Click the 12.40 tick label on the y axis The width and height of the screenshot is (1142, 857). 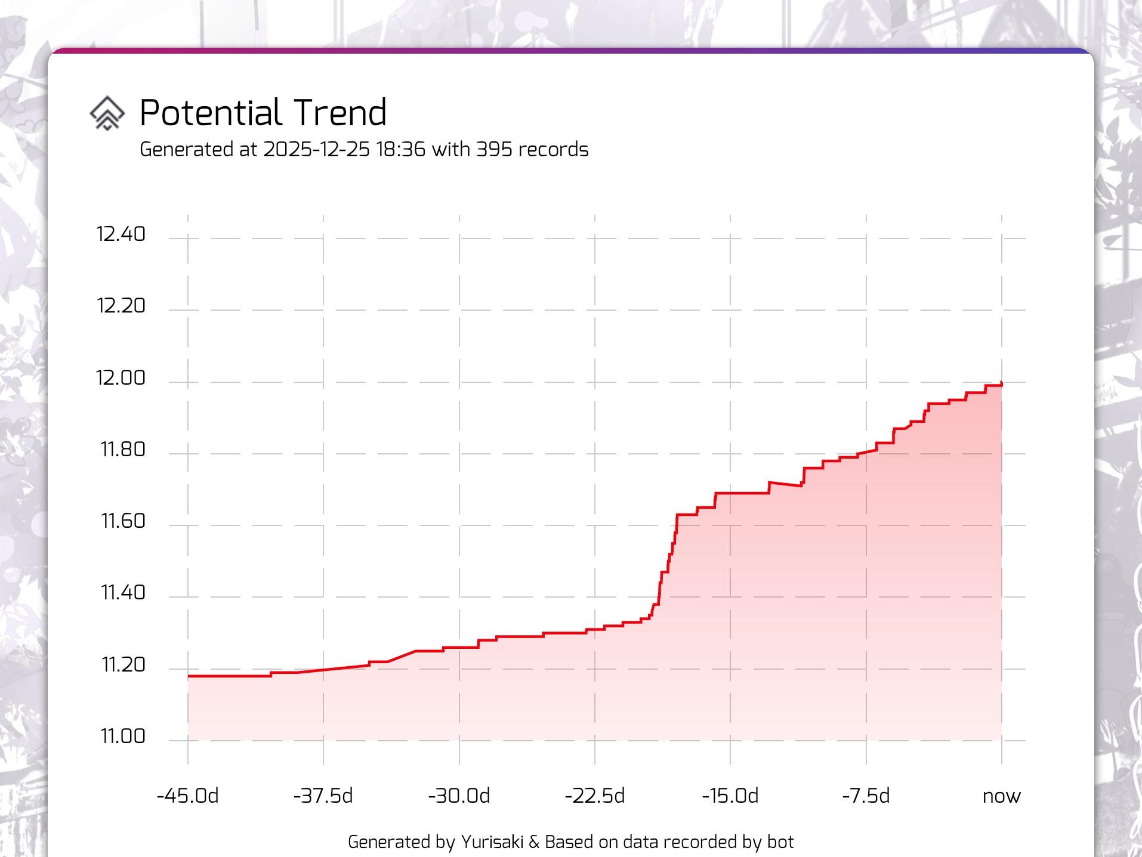point(121,234)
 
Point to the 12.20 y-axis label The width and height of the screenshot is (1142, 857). point(121,305)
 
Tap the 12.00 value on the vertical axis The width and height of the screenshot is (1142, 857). point(121,378)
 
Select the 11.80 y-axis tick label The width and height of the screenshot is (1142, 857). point(123,449)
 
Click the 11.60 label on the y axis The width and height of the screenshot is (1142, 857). point(123,521)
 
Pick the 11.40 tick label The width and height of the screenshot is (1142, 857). point(123,592)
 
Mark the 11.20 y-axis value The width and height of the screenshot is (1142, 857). point(123,664)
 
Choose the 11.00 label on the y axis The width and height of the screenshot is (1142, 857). point(123,736)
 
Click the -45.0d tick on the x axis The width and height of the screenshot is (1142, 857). point(187,796)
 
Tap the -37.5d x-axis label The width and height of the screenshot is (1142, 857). point(323,796)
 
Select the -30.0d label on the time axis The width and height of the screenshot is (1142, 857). point(459,796)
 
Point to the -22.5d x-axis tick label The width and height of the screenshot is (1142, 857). point(594,796)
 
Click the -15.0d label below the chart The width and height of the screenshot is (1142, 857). point(730,796)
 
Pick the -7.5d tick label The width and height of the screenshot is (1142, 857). point(866,796)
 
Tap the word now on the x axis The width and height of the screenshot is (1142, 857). point(1001,796)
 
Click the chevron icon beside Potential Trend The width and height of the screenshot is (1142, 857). point(107,113)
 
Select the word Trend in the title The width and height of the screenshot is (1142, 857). point(340,112)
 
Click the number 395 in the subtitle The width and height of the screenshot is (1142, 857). point(493,149)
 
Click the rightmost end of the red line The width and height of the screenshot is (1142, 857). point(1001,384)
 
